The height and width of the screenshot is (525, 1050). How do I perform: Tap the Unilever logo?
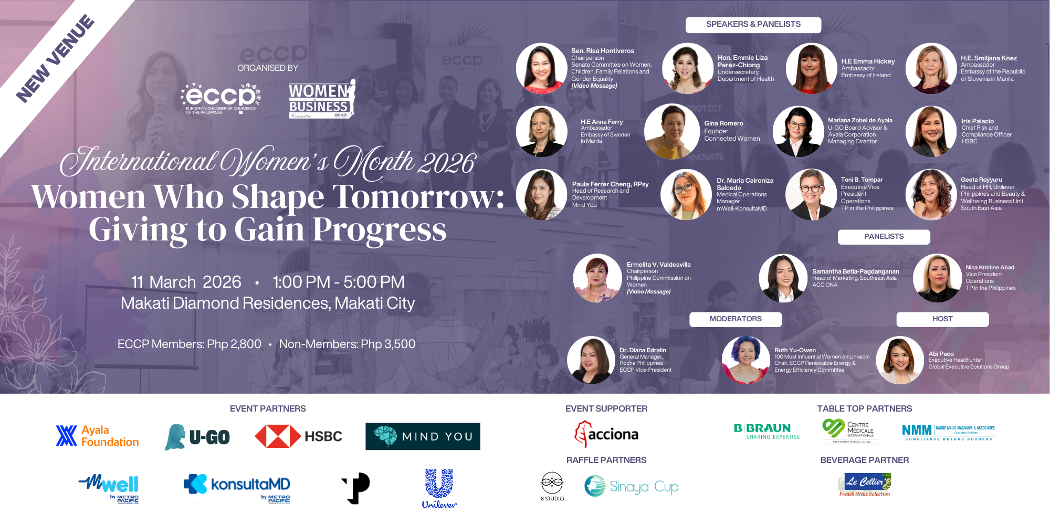pos(439,489)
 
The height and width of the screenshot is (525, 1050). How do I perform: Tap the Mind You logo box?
pos(423,436)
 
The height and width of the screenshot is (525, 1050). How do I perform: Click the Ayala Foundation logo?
pos(98,436)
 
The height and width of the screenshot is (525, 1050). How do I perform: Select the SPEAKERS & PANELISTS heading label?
pos(753,25)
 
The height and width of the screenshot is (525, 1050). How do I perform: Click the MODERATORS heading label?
pos(735,319)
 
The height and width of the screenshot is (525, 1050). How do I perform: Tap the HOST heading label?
pos(942,319)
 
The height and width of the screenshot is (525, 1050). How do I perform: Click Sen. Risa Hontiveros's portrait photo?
pos(541,68)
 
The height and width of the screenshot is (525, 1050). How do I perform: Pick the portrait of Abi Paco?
pos(900,361)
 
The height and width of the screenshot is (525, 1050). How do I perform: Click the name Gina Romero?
pos(723,123)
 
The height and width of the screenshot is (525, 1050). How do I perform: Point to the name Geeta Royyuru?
pos(981,180)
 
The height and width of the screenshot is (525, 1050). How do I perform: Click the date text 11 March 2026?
pos(186,282)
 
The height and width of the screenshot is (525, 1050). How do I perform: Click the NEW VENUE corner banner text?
pos(55,58)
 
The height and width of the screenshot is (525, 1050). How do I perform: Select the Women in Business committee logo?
pos(321,99)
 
